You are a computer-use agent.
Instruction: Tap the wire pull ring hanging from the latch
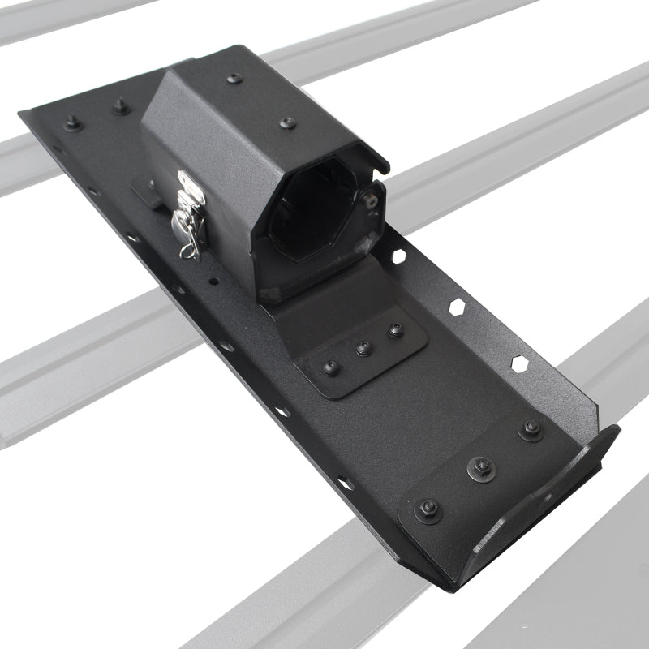click(188, 243)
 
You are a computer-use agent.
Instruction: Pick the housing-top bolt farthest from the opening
click(234, 79)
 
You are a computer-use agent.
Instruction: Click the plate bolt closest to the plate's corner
click(72, 122)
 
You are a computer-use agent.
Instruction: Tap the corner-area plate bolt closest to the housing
click(121, 105)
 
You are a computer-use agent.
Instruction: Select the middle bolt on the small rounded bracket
click(363, 349)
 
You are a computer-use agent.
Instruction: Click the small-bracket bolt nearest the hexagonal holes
click(395, 330)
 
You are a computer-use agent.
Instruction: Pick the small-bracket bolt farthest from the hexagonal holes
click(331, 367)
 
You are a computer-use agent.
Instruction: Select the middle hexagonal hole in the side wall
click(458, 307)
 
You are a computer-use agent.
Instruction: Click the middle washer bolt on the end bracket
click(479, 467)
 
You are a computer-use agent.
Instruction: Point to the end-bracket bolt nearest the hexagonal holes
click(531, 429)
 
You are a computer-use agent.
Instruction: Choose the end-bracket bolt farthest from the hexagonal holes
click(427, 509)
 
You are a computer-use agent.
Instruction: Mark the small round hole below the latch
click(213, 282)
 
